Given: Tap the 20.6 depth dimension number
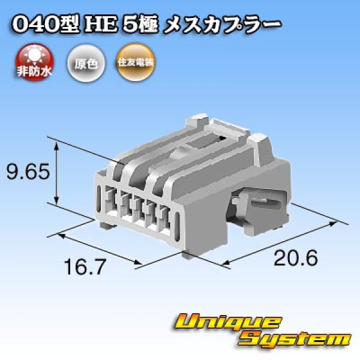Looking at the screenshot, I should tap(295, 259).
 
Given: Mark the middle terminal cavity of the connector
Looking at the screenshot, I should tap(137, 208).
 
